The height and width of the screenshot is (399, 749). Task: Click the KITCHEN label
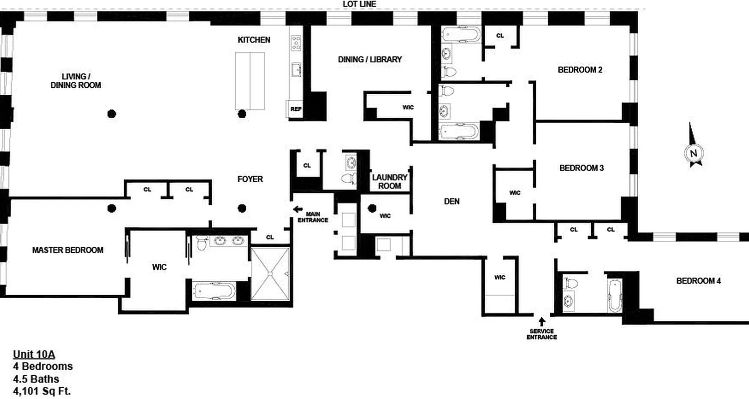254,40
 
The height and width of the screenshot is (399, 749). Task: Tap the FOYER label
250,179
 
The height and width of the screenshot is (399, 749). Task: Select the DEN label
451,201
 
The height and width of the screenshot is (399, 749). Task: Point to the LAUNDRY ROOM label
390,182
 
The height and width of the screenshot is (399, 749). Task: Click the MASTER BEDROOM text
68,250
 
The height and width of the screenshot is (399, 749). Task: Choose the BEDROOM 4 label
699,281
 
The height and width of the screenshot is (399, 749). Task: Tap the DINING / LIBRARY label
370,59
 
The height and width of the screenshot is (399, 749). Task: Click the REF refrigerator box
295,109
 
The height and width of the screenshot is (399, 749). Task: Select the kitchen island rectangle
250,81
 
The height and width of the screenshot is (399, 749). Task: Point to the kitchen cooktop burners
296,42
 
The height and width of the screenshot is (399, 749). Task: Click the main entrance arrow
298,209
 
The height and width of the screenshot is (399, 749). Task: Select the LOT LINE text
360,4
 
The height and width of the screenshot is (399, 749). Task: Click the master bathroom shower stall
270,273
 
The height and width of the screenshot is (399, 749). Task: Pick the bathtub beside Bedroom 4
613,296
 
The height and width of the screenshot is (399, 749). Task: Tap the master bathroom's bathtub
213,291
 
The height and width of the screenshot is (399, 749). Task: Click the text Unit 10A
33,355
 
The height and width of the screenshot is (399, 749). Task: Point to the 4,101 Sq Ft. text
42,391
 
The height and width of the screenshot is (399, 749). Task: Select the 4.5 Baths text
36,379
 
